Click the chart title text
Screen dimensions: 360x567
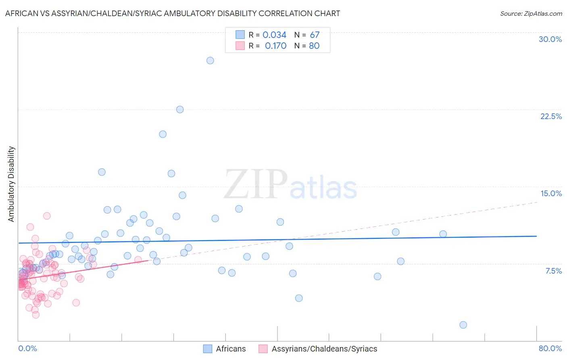(173, 13)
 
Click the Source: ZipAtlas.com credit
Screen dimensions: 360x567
(531, 13)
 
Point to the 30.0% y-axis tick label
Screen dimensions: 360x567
(550, 39)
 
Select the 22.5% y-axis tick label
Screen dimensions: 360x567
(551, 116)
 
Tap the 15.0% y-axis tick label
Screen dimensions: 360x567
(551, 193)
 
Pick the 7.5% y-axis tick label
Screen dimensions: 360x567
(553, 271)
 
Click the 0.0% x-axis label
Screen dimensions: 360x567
(27, 348)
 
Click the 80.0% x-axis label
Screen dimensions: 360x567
(550, 348)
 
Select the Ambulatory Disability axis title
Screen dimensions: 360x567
(11, 184)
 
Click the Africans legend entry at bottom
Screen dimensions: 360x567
(230, 349)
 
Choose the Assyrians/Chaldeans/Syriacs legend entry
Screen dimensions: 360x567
(324, 349)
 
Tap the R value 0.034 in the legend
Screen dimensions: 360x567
(274, 35)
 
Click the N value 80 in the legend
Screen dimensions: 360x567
(314, 46)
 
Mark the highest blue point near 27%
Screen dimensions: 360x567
(210, 61)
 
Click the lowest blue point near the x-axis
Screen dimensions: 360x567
(463, 325)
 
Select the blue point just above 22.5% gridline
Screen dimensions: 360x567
(180, 109)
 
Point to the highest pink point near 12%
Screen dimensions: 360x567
(47, 216)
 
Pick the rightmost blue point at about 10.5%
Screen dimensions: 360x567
(443, 234)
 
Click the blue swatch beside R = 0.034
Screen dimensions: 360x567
(240, 35)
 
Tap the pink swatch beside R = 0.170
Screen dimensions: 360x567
(240, 46)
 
